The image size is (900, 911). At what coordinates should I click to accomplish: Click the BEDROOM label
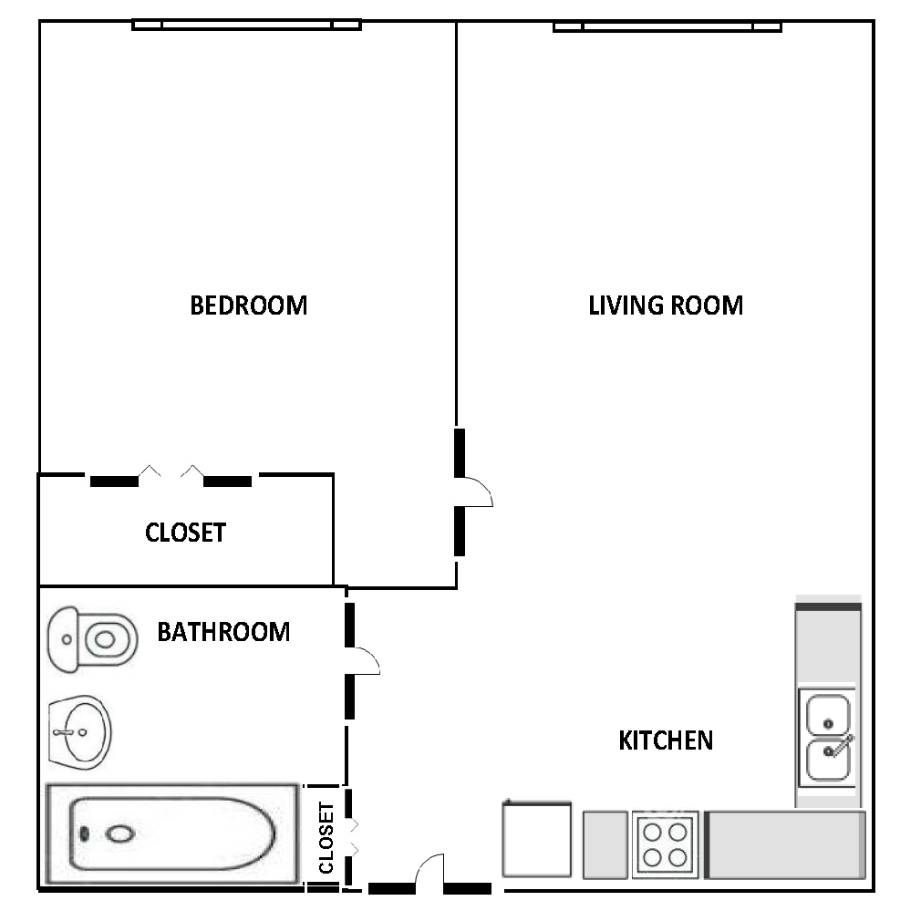[249, 305]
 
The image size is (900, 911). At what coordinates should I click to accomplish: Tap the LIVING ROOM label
[666, 305]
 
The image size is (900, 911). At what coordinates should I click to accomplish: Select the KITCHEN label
[666, 740]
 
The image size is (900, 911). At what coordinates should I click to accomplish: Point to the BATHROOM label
[223, 632]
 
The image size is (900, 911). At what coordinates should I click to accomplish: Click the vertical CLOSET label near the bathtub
[326, 838]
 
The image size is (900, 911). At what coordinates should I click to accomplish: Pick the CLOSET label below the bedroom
[185, 533]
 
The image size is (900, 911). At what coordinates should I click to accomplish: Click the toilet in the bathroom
[92, 639]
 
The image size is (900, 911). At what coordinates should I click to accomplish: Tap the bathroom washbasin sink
[79, 732]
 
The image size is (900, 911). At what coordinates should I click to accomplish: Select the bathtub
[172, 834]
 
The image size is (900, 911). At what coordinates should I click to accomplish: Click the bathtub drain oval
[119, 834]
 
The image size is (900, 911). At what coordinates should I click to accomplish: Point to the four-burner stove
[666, 844]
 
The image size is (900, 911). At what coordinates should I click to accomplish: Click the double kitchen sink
[827, 738]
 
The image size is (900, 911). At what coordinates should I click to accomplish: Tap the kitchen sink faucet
[839, 746]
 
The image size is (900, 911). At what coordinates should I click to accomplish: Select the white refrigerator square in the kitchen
[537, 839]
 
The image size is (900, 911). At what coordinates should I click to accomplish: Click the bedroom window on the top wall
[247, 25]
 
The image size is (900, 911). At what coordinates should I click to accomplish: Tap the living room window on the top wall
[667, 26]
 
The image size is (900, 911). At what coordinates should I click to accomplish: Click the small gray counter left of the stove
[605, 844]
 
